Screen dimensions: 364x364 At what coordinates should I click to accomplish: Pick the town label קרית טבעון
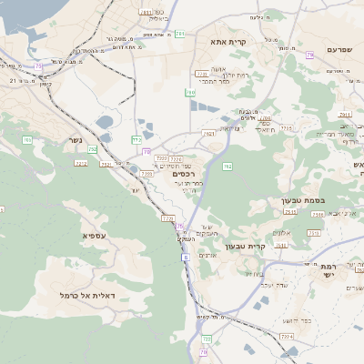coord(268,246)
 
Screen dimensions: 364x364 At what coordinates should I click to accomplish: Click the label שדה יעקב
coord(274,286)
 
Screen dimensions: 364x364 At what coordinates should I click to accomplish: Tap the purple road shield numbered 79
coord(309,56)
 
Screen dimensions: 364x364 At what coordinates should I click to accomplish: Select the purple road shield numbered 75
coord(38,66)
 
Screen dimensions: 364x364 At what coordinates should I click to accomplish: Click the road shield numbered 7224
coord(287,338)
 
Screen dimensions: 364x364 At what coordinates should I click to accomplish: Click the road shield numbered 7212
coord(81,164)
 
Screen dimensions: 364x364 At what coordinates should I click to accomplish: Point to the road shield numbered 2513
coord(290,213)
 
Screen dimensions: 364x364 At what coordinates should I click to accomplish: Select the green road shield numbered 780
coord(191,93)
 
